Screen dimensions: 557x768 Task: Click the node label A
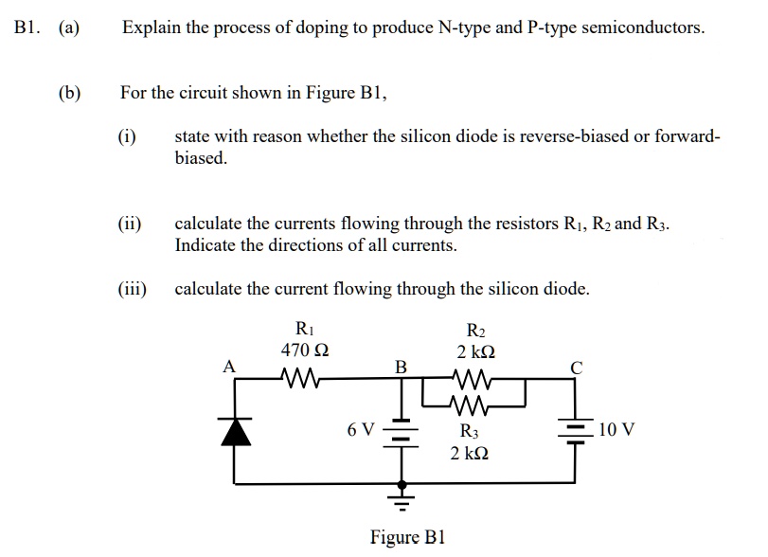coord(228,366)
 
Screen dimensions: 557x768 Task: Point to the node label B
coord(401,366)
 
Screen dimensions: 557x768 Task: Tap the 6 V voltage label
coord(361,430)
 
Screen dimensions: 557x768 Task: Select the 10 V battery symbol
coord(576,431)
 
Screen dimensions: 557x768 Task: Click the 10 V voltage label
coord(616,430)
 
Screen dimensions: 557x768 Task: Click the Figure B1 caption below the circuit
coord(407,538)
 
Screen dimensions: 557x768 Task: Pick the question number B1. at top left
coord(31,27)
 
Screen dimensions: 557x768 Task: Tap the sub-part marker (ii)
coord(130,225)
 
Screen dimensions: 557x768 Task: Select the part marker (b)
coord(69,93)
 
